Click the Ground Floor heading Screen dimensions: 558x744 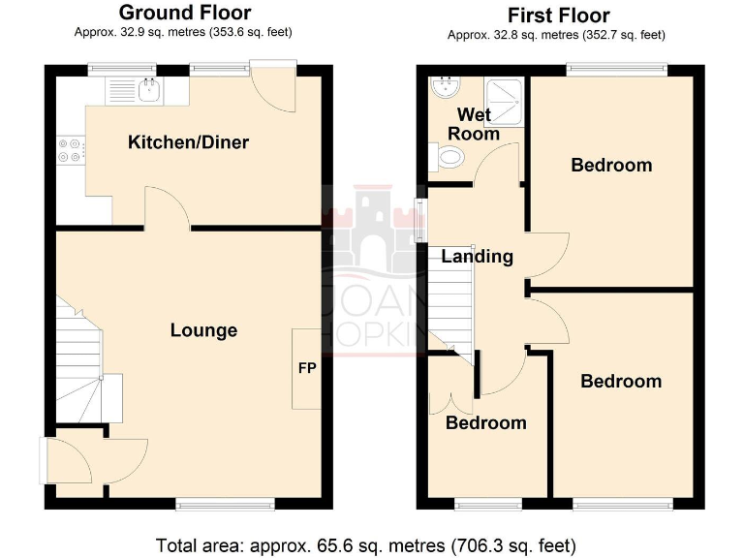click(184, 13)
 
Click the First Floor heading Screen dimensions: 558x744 click(557, 15)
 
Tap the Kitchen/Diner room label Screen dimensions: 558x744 click(188, 142)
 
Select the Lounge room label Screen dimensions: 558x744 click(203, 330)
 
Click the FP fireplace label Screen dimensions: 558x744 click(306, 368)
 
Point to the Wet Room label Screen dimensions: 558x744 click(474, 124)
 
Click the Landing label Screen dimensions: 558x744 click(477, 257)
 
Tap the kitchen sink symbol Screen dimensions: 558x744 click(146, 91)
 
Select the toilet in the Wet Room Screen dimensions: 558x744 click(449, 157)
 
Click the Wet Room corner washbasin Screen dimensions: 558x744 click(445, 86)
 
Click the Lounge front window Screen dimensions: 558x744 click(226, 504)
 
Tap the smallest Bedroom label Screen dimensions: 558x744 click(485, 422)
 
